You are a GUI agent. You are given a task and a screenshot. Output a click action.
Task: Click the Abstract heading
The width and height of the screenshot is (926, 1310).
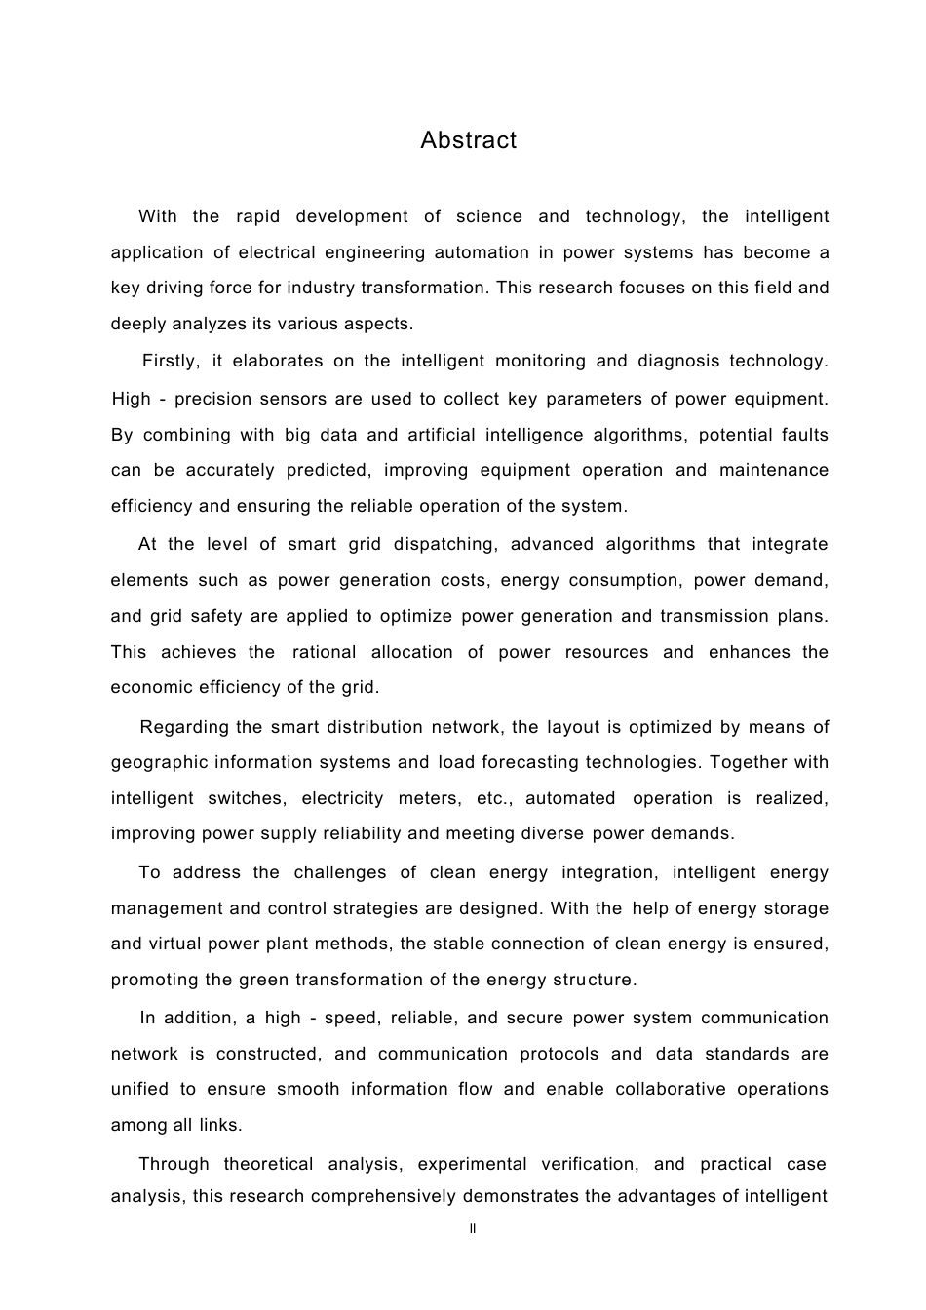coord(468,140)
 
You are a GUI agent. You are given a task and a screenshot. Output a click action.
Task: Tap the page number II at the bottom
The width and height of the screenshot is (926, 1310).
coord(473,1229)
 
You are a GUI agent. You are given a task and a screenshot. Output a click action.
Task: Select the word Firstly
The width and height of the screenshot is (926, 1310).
coord(171,361)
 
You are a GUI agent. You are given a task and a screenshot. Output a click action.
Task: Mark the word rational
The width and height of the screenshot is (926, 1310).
coord(324,652)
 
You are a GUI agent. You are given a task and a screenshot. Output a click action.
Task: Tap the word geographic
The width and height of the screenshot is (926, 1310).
coord(159,762)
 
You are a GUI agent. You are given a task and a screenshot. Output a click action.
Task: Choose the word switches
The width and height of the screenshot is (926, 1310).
coord(247,798)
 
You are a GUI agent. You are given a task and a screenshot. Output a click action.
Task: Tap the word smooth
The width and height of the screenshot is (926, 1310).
coord(308,1089)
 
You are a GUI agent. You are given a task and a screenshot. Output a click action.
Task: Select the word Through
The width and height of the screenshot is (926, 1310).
coord(174,1164)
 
